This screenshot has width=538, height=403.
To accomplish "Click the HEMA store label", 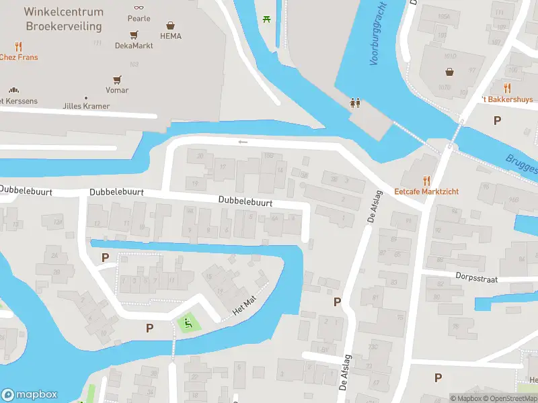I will tap(171, 36).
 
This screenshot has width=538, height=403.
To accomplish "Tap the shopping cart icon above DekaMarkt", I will tap(134, 34).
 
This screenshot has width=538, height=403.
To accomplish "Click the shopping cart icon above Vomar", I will tap(117, 79).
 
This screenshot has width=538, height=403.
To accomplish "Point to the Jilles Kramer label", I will tap(86, 106).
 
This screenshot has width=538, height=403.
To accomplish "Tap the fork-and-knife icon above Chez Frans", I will tap(19, 46).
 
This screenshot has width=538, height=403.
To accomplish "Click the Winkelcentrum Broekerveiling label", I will tap(63, 19).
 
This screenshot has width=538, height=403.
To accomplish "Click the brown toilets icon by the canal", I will tap(355, 103).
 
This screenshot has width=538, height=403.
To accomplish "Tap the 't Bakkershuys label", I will tap(508, 99).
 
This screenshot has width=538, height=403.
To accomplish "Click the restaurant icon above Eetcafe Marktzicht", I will tap(426, 180).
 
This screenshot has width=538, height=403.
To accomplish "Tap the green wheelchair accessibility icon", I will tap(188, 323).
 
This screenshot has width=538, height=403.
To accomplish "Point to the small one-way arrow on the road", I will tap(243, 142).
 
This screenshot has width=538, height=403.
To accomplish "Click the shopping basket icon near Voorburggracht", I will tap(449, 72).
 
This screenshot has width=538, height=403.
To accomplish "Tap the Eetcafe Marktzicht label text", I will tap(426, 191).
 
